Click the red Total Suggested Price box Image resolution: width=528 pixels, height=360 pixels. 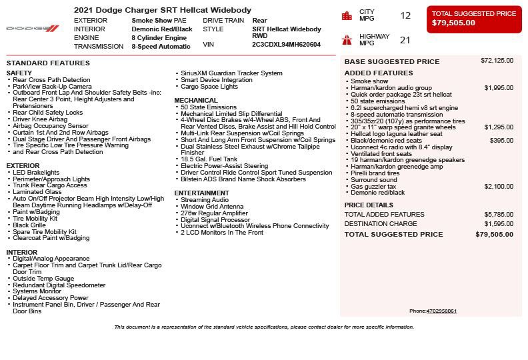coord(474,19)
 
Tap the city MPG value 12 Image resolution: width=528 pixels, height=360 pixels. coord(405,15)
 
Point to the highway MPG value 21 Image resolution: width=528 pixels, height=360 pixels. coord(405,40)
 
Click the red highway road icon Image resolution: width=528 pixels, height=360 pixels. coord(347,39)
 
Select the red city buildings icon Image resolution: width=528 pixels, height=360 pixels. coord(347,15)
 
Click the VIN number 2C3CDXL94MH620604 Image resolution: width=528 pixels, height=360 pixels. coord(286,45)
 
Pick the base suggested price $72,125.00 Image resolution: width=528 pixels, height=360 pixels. coord(497,61)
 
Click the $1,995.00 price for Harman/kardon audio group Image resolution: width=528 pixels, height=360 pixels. coord(499,87)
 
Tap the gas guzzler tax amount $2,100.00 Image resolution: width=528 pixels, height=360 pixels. coord(499,187)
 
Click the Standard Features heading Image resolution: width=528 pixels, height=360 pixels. coord(48,63)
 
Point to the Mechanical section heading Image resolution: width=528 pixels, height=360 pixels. coord(196,101)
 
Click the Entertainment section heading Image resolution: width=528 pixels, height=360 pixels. coord(201,193)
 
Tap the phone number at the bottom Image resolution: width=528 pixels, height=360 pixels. coord(441,311)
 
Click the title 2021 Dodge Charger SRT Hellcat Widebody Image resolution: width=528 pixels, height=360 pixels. coord(163,10)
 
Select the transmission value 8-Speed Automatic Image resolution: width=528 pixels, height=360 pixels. coord(161,47)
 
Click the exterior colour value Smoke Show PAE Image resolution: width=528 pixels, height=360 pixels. coord(159,21)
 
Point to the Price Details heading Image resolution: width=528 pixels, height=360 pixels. coord(369,205)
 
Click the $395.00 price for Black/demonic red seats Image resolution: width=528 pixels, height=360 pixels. coord(501,141)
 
